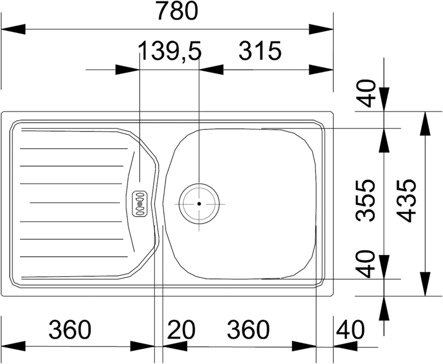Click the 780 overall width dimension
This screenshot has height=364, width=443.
(x=177, y=11)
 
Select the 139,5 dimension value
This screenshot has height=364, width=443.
(x=170, y=51)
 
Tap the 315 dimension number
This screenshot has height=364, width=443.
(x=260, y=51)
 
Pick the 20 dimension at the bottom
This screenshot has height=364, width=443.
(x=181, y=329)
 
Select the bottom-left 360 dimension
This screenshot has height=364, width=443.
(x=70, y=329)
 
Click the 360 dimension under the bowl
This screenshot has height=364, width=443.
(x=248, y=329)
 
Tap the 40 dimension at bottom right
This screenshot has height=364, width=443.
(x=351, y=329)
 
